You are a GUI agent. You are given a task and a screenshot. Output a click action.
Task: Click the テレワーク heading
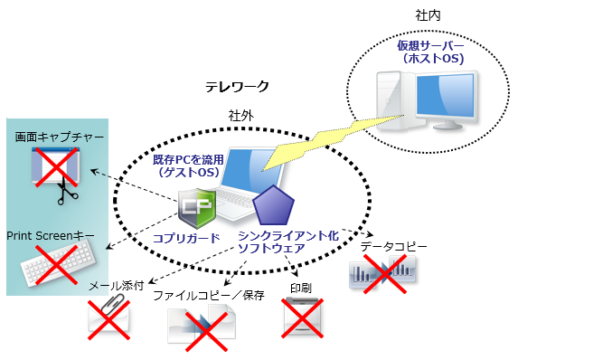pos(237,87)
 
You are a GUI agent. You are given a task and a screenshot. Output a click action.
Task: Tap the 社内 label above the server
pos(428,16)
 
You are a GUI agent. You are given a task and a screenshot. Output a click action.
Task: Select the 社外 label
pos(240,115)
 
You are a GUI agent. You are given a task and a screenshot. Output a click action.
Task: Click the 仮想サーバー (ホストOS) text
pos(430,52)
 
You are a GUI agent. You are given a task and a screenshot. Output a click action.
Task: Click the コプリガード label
pos(186,237)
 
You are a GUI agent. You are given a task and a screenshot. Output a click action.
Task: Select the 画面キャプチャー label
pos(53,137)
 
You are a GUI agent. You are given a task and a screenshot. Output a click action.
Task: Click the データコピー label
pos(393,246)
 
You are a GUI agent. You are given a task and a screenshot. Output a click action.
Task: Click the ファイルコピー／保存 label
pos(208,295)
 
